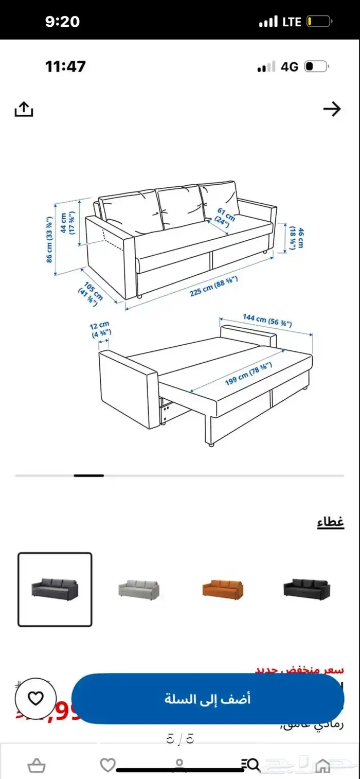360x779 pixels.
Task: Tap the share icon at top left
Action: (x=24, y=109)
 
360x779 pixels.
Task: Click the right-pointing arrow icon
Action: (x=332, y=109)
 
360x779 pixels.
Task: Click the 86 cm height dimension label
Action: (x=50, y=239)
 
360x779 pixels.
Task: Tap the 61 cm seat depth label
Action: (x=225, y=216)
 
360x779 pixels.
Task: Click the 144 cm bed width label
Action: (x=267, y=321)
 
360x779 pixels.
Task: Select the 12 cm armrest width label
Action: (x=101, y=329)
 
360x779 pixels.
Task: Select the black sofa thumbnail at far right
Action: (x=307, y=588)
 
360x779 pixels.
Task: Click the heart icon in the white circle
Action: (x=35, y=698)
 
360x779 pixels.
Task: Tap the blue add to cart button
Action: (x=208, y=699)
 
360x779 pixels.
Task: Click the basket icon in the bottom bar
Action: (x=35, y=765)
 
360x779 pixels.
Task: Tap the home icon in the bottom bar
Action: (x=322, y=765)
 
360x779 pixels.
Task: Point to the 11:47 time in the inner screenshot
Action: (x=65, y=66)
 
